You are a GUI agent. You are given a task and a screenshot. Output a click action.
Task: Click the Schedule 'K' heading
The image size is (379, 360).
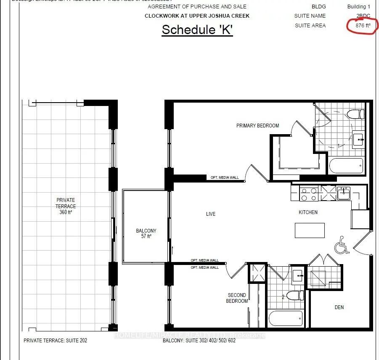(197, 30)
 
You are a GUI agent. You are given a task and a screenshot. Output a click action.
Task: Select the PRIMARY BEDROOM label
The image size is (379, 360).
(257, 125)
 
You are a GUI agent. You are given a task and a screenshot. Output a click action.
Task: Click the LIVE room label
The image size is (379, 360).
(211, 214)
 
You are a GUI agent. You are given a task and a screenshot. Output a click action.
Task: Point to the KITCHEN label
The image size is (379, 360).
(308, 212)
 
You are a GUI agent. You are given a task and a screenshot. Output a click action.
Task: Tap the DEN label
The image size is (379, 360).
(339, 307)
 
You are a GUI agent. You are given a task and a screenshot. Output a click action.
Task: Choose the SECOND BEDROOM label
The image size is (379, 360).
(237, 298)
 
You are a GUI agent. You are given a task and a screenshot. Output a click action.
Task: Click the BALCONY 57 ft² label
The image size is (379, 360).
(146, 233)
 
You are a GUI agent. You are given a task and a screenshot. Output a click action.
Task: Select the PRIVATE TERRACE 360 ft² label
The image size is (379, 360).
(66, 206)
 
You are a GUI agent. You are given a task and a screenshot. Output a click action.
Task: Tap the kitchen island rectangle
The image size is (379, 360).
(310, 230)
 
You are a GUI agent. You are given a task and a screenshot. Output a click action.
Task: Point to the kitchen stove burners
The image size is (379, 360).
(309, 194)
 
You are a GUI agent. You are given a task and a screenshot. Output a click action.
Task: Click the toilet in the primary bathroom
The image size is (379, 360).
(355, 114)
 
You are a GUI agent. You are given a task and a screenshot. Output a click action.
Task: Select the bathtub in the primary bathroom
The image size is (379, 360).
(346, 166)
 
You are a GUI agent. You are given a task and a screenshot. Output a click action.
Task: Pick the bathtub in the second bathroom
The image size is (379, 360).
(286, 318)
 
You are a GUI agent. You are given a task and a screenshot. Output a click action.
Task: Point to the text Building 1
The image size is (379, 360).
(358, 7)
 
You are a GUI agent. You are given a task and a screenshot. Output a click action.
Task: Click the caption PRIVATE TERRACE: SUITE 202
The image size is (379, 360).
(55, 340)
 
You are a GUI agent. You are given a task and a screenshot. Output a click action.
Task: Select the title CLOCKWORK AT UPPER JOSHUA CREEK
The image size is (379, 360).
(197, 16)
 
